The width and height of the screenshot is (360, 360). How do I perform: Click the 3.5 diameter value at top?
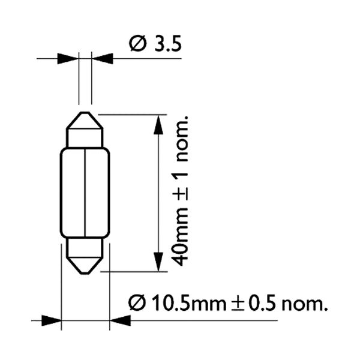[x=168, y=43]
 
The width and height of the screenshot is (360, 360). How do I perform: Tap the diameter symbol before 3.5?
[x=137, y=43]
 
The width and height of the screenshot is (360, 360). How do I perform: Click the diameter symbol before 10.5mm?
[x=137, y=303]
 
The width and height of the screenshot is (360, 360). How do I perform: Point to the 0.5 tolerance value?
[x=262, y=303]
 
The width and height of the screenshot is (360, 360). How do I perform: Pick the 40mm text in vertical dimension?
[x=180, y=237]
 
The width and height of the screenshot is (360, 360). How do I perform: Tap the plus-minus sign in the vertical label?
[x=180, y=192]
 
